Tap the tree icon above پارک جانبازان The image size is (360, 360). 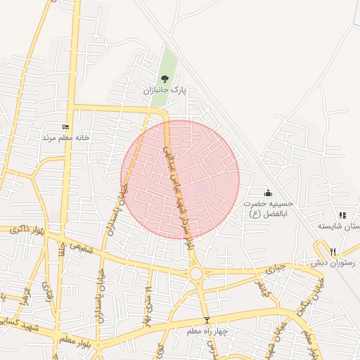(x=165, y=79)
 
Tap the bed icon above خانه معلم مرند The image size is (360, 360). (x=66, y=127)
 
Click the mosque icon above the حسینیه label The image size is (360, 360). (x=267, y=193)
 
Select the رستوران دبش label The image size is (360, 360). (x=335, y=262)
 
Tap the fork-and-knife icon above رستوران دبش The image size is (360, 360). (x=333, y=251)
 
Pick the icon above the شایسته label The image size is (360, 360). (x=342, y=215)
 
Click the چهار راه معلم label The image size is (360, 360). (x=206, y=330)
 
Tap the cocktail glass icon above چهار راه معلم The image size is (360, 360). (x=206, y=320)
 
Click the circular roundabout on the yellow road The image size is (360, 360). (x=195, y=273)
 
